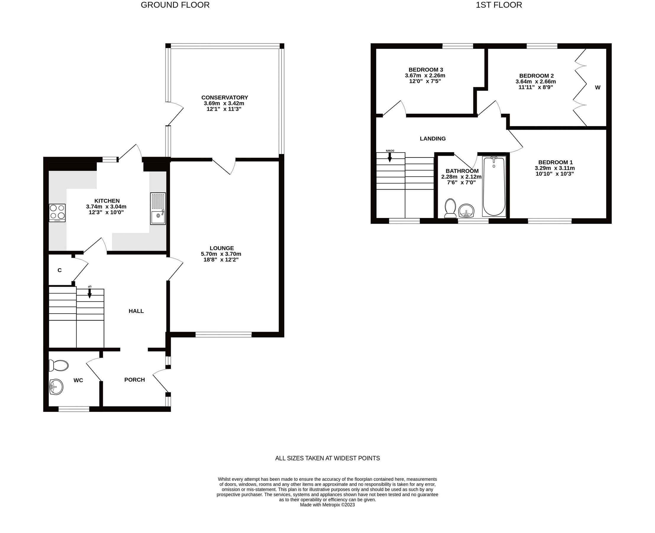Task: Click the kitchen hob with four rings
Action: (x=57, y=213)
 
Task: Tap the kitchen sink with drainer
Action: (x=158, y=208)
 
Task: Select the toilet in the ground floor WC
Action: (x=59, y=366)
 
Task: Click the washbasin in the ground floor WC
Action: (x=56, y=386)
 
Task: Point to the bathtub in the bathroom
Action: (x=494, y=186)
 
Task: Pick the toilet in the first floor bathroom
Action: (x=450, y=208)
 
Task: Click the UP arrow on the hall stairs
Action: (x=90, y=292)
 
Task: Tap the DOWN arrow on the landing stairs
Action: (x=390, y=156)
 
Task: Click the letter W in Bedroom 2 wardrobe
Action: (x=597, y=88)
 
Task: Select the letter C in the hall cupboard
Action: (x=59, y=270)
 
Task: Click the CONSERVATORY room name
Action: (x=225, y=98)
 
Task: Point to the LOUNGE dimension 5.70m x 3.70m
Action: (x=221, y=254)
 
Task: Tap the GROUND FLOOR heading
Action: (x=175, y=5)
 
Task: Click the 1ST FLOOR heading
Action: (x=498, y=5)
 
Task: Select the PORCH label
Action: (x=134, y=380)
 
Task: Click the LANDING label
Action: (x=433, y=139)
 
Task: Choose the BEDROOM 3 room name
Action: (x=425, y=70)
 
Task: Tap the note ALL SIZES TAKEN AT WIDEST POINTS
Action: (x=327, y=458)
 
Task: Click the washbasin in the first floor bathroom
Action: (x=466, y=211)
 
